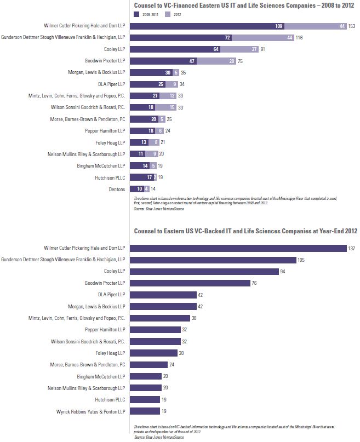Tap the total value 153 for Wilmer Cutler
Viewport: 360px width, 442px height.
click(x=352, y=26)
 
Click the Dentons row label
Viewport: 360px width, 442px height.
click(x=116, y=188)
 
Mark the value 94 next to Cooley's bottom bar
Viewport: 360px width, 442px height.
click(x=283, y=271)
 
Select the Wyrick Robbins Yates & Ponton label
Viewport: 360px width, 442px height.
click(x=91, y=411)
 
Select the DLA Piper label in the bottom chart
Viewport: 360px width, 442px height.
click(x=112, y=295)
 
